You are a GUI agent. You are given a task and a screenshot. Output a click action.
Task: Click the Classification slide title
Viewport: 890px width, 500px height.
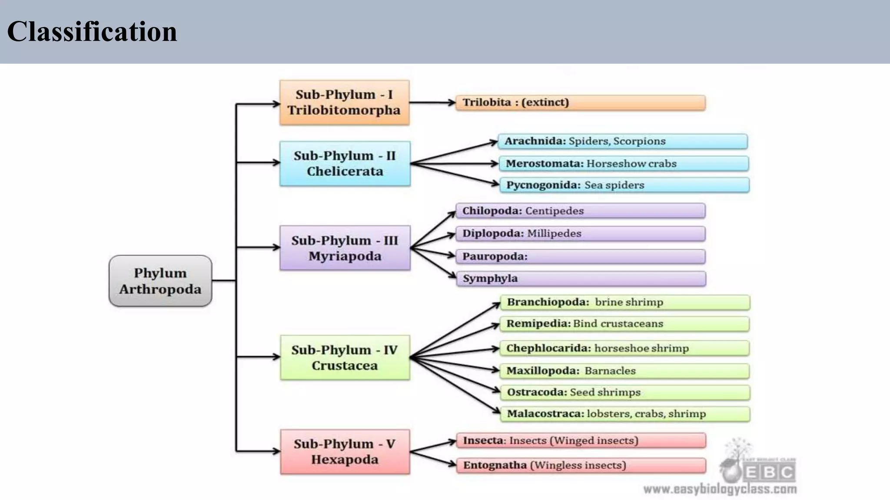click(x=92, y=32)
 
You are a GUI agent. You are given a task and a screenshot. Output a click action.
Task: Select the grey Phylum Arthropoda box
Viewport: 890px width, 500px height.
click(x=160, y=281)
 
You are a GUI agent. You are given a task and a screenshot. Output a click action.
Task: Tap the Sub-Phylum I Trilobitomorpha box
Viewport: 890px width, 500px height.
click(x=344, y=102)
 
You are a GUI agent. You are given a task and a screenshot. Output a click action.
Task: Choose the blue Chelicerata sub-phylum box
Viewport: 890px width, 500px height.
click(x=345, y=164)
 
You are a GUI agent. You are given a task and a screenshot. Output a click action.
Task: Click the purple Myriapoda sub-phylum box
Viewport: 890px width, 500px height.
click(x=345, y=248)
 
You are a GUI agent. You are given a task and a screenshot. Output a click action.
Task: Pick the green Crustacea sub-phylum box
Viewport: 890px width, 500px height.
click(x=345, y=358)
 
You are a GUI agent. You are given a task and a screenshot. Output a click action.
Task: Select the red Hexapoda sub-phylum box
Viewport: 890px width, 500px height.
click(x=345, y=452)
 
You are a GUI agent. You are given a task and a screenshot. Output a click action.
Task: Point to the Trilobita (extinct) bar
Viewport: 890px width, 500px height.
click(x=580, y=103)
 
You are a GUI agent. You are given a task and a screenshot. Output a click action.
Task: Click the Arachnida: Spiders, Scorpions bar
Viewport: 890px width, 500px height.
click(x=622, y=141)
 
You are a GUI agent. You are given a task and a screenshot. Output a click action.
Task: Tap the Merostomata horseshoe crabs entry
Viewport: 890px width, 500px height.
click(x=623, y=164)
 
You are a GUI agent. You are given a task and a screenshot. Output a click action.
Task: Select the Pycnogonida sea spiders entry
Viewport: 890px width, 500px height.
click(x=624, y=185)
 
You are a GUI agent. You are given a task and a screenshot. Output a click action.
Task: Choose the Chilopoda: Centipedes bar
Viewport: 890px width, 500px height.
click(x=580, y=211)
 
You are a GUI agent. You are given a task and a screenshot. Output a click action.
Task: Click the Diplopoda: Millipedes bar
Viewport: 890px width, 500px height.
click(x=580, y=234)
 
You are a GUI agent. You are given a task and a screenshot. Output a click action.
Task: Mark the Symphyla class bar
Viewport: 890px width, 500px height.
click(x=581, y=279)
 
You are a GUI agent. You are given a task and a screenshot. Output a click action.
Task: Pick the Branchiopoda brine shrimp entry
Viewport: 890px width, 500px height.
click(x=625, y=302)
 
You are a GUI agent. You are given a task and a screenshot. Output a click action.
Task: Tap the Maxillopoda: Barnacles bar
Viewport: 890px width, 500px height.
click(x=624, y=371)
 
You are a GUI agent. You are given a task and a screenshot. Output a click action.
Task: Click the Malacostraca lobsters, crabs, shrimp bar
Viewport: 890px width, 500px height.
click(x=625, y=414)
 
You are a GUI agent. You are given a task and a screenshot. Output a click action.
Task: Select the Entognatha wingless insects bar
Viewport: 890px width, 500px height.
click(x=581, y=465)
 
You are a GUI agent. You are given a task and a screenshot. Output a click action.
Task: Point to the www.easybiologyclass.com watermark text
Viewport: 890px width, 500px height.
click(x=720, y=490)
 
